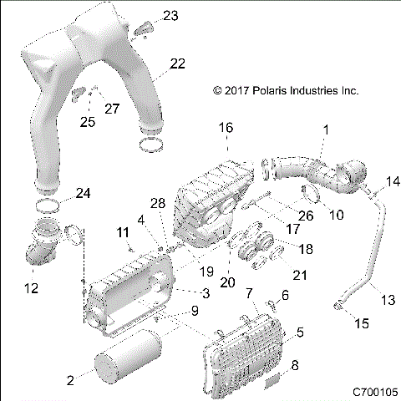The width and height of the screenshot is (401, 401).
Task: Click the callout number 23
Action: click(170, 16)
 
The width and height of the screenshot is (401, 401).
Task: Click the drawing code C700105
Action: click(373, 391)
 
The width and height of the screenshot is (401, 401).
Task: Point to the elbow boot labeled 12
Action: click(40, 251)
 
